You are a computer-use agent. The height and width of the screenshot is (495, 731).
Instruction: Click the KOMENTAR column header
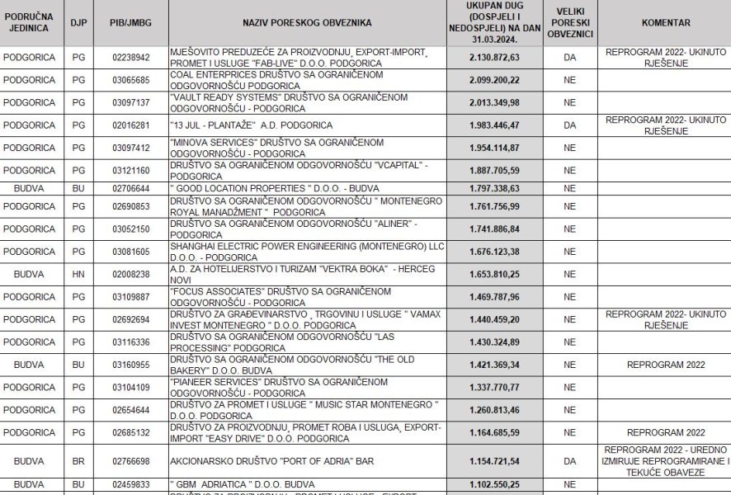[x=665, y=21]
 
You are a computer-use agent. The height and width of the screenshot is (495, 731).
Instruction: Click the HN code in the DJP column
[x=79, y=274]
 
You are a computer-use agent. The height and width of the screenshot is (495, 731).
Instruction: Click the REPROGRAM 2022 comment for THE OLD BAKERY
[x=665, y=363]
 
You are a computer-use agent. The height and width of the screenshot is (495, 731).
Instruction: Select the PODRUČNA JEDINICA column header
[x=29, y=21]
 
